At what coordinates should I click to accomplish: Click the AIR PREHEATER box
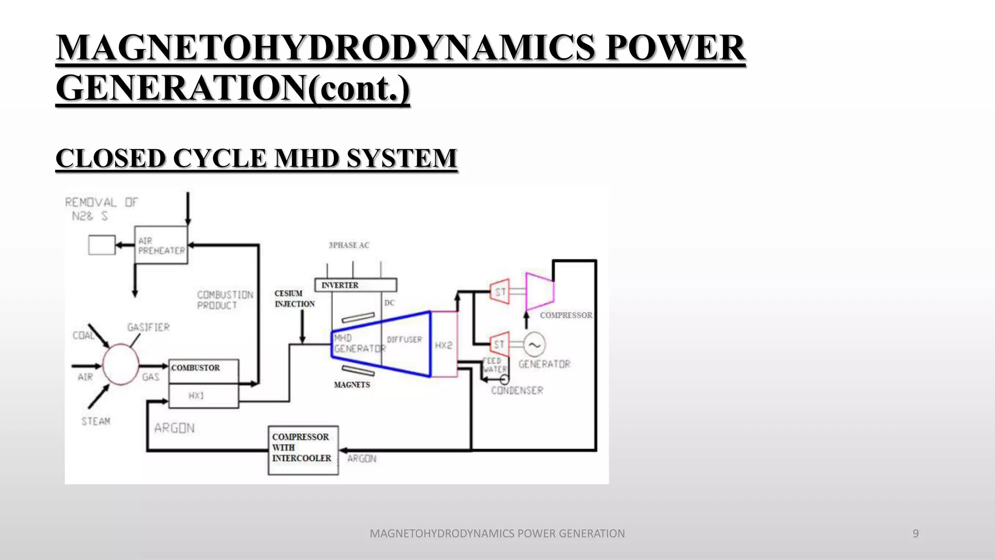pyautogui.click(x=161, y=245)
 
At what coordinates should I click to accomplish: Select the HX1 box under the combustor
pyautogui.click(x=204, y=396)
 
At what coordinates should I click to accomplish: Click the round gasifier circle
pyautogui.click(x=120, y=365)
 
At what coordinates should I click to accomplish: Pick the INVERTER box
pyautogui.click(x=355, y=285)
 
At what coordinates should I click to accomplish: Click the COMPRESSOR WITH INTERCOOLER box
pyautogui.click(x=303, y=450)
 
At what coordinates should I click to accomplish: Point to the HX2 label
pyautogui.click(x=444, y=345)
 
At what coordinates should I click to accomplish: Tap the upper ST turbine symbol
pyautogui.click(x=500, y=292)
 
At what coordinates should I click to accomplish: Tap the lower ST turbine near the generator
pyautogui.click(x=499, y=345)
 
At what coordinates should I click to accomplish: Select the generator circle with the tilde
pyautogui.click(x=534, y=345)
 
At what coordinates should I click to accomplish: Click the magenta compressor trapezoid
pyautogui.click(x=540, y=291)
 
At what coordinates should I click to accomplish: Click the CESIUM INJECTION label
pyautogui.click(x=294, y=298)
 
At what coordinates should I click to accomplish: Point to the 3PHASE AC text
pyautogui.click(x=349, y=245)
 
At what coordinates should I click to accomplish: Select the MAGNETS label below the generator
pyautogui.click(x=352, y=385)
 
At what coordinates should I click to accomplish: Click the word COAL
pyautogui.click(x=83, y=335)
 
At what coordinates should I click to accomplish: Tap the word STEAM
pyautogui.click(x=96, y=421)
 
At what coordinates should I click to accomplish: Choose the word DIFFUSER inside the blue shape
pyautogui.click(x=404, y=339)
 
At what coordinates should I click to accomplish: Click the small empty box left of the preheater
pyautogui.click(x=102, y=245)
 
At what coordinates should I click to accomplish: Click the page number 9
pyautogui.click(x=915, y=533)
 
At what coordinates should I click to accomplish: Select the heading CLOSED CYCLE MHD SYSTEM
pyautogui.click(x=257, y=158)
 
